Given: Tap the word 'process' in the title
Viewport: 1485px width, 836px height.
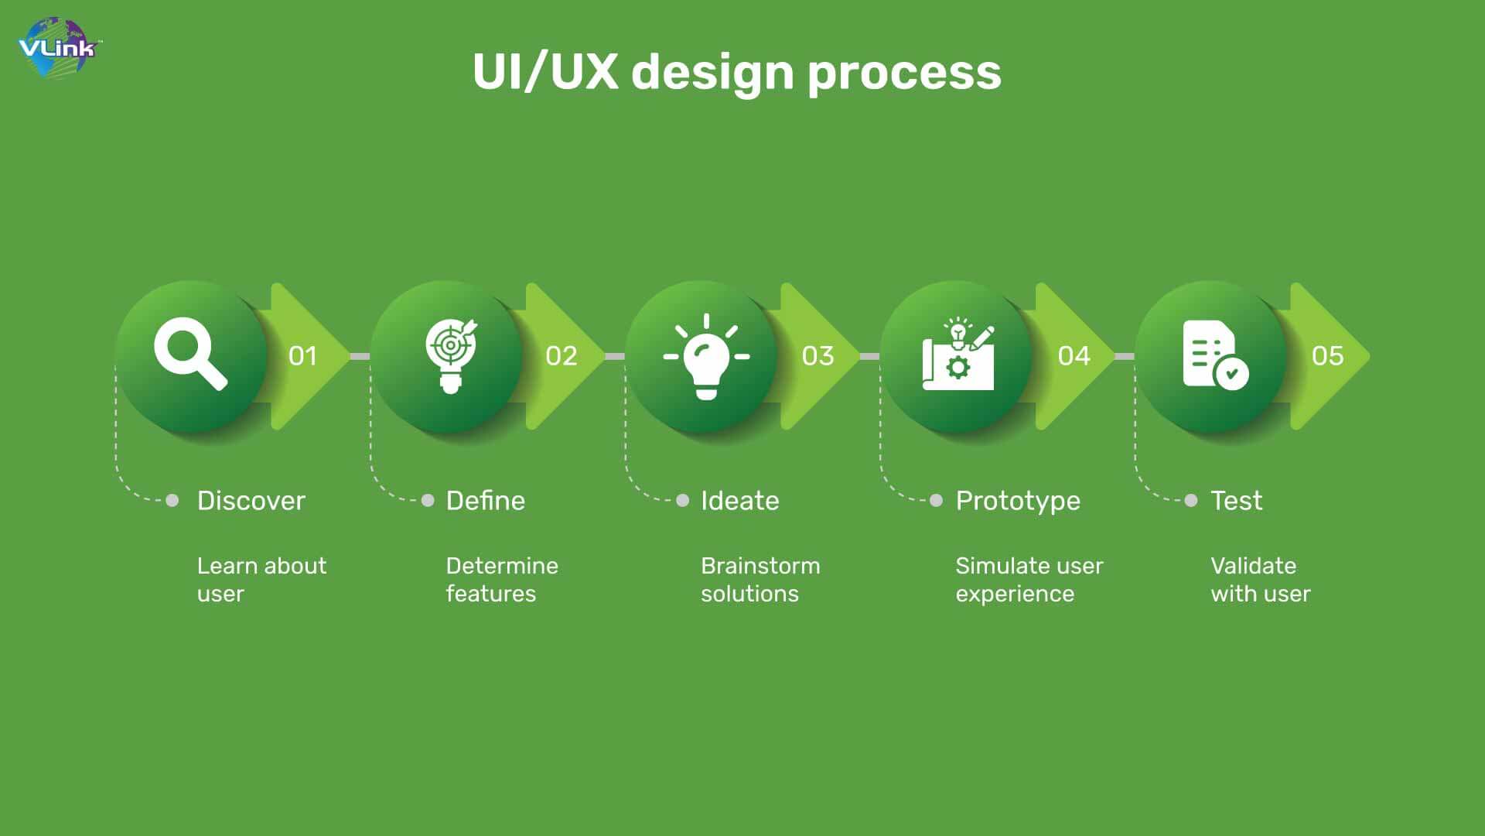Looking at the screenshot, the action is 904,74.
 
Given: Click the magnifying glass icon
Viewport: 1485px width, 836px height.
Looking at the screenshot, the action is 190,354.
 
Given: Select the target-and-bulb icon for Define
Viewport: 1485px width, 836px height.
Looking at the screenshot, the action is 452,355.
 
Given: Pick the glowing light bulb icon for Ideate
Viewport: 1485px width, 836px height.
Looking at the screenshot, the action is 706,357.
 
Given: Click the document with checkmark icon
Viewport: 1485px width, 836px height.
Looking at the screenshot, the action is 1215,355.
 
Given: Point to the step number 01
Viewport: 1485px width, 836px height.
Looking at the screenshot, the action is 302,356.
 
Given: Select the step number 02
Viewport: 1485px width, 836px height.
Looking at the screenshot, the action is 561,356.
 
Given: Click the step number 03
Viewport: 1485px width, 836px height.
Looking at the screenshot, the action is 818,356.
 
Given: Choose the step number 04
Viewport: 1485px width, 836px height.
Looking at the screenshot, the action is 1074,356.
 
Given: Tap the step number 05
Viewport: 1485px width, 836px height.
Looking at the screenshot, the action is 1327,356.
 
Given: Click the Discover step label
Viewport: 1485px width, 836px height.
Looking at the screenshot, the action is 251,501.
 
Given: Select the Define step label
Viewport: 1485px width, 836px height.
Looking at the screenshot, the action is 486,501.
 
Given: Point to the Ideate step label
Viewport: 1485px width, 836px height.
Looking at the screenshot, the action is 740,501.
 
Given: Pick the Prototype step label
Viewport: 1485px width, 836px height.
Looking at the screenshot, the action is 1018,502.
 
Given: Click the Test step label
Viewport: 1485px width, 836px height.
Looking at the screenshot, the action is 1236,501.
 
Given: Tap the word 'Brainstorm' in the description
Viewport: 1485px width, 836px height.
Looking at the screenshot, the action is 760,566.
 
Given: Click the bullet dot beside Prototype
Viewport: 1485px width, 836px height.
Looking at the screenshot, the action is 936,501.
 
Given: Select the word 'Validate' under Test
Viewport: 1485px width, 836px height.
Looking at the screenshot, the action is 1253,566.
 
